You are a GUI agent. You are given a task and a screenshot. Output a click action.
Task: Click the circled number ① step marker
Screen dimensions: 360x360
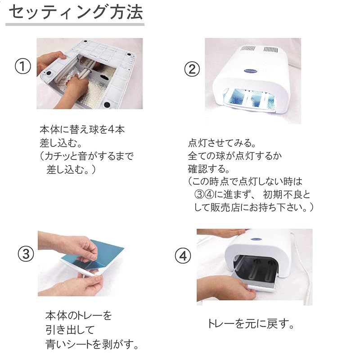point(22,66)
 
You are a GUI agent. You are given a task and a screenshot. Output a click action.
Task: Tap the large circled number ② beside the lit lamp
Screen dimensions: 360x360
point(192,70)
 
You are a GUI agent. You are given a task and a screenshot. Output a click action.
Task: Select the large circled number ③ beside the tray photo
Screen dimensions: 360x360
point(26,254)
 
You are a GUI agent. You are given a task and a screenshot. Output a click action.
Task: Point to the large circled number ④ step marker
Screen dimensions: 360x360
point(183,256)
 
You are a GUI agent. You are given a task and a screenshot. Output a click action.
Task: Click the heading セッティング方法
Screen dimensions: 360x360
point(76,12)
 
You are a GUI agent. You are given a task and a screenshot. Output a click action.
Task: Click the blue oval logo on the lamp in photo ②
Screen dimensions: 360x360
point(251,71)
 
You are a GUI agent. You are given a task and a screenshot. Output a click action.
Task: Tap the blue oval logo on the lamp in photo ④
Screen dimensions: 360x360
point(256,239)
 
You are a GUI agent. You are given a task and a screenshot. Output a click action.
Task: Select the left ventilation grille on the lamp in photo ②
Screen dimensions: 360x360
point(248,49)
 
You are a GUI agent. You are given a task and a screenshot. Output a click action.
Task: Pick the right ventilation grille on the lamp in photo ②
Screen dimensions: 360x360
point(270,49)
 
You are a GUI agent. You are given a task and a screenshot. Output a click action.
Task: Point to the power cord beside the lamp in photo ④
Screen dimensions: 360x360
point(303,266)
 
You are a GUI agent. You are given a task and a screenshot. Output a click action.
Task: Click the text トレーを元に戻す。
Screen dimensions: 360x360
point(251,324)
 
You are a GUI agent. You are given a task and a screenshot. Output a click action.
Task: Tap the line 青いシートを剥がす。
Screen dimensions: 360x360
point(92,344)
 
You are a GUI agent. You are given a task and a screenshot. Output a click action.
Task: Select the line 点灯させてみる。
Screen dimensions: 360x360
point(222,143)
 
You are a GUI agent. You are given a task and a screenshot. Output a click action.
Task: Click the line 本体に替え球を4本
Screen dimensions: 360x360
point(82,130)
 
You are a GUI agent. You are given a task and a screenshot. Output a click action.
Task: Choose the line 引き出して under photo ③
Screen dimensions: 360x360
point(70,330)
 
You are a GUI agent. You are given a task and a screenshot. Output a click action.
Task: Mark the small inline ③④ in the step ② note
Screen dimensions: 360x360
point(204,195)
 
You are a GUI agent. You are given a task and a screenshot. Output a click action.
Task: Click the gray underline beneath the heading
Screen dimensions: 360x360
point(75,24)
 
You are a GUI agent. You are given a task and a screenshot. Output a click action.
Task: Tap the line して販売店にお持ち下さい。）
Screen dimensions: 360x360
point(254,207)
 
